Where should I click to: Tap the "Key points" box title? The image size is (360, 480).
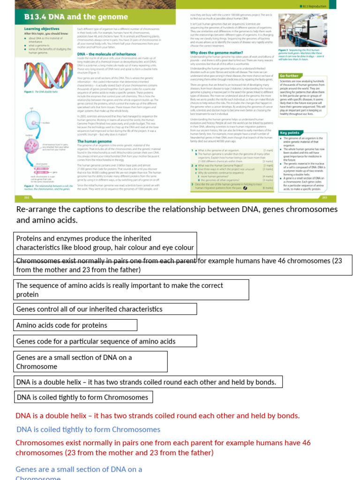click(x=290, y=133)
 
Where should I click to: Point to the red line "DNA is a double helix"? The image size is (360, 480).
click(x=157, y=415)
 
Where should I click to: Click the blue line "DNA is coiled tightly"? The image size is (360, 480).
click(x=88, y=429)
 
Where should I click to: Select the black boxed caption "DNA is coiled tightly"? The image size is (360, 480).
click(x=83, y=397)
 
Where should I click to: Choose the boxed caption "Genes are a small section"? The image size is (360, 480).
click(x=90, y=361)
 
